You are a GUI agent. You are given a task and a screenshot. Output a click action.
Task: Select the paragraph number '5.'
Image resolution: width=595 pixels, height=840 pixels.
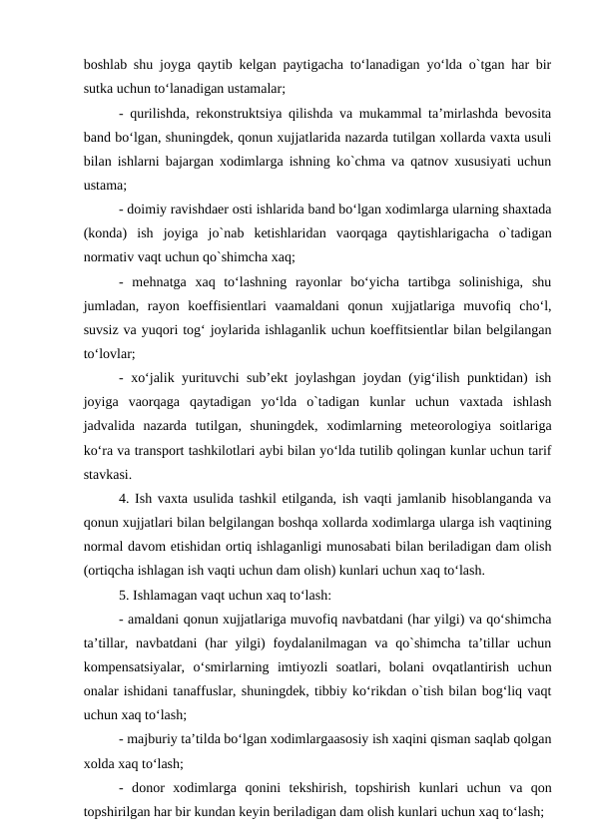coord(124,596)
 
